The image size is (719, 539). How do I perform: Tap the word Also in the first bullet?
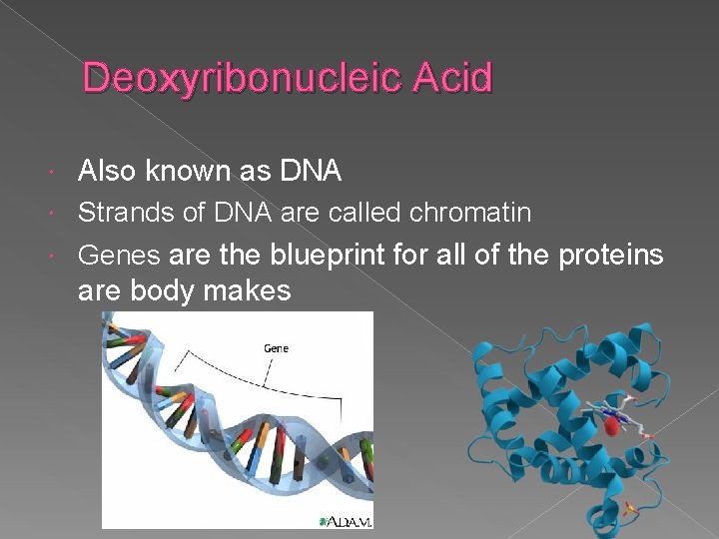click(x=107, y=172)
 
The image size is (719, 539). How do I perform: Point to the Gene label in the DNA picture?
click(x=277, y=348)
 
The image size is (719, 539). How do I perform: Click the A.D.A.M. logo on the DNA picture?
click(x=345, y=521)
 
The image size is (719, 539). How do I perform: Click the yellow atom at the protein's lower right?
click(x=632, y=511)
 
